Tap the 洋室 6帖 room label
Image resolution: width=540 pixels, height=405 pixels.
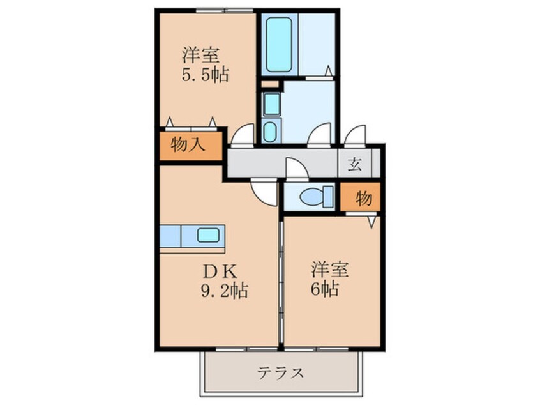pyautogui.click(x=330, y=278)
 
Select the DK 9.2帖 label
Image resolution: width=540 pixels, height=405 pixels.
pyautogui.click(x=221, y=280)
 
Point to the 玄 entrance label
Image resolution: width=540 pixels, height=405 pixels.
pyautogui.click(x=355, y=164)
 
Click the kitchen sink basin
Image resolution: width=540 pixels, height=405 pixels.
pyautogui.click(x=209, y=235)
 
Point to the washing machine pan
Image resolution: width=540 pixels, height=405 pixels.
pyautogui.click(x=269, y=130)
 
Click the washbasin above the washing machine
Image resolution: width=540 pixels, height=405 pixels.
pyautogui.click(x=269, y=102)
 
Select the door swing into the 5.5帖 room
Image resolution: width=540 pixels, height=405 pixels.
pyautogui.click(x=243, y=135)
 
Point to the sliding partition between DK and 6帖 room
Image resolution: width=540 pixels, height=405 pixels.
pyautogui.click(x=281, y=281)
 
